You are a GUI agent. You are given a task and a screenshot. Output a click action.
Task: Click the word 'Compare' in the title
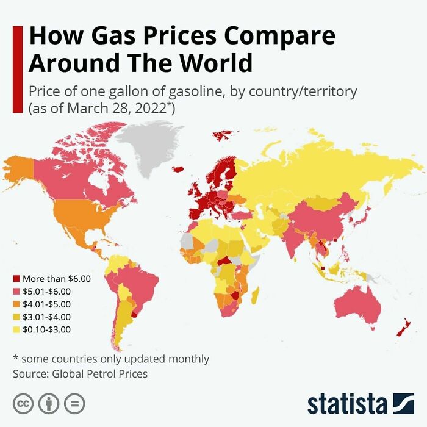point(281,35)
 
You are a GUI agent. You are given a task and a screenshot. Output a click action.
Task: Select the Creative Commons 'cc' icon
point(23,404)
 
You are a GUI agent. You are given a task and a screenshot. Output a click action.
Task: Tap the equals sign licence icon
point(74,404)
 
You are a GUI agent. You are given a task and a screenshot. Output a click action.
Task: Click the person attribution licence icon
point(49,404)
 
